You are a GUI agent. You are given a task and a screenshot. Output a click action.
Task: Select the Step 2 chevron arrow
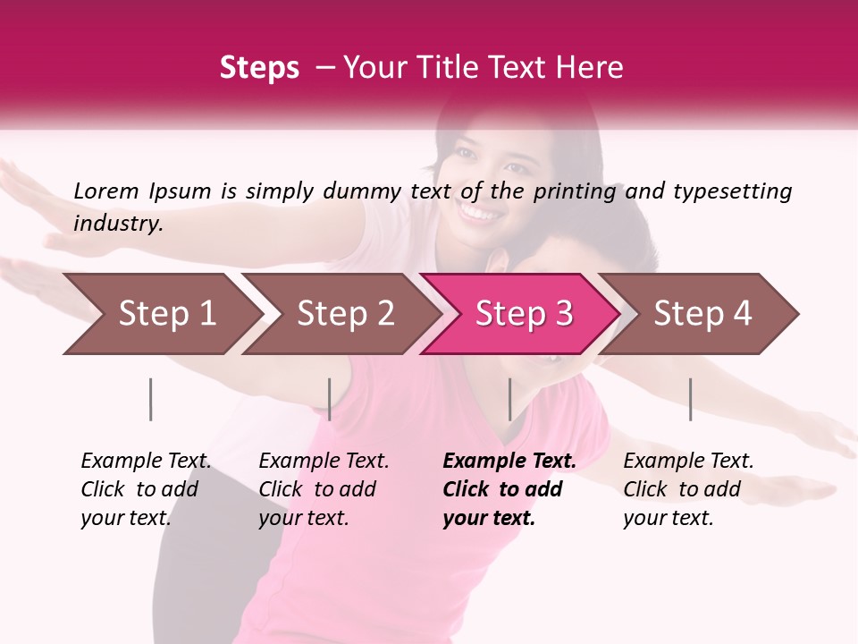tap(344, 314)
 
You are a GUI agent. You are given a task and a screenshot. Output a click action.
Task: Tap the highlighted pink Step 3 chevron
tap(523, 314)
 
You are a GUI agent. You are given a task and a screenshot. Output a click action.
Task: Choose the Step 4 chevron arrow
tap(702, 314)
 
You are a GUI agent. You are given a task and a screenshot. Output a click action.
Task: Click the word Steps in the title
tap(259, 68)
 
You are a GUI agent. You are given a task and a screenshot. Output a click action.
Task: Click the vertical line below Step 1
tap(151, 399)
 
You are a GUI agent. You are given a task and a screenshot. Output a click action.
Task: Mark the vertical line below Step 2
tap(330, 399)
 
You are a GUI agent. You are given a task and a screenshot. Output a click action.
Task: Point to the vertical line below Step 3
tap(509, 399)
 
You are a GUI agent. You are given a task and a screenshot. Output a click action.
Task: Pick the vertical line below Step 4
tap(690, 399)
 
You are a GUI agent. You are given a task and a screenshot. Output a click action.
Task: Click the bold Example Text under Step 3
tap(509, 462)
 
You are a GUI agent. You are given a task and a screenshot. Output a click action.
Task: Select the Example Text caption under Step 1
tap(147, 462)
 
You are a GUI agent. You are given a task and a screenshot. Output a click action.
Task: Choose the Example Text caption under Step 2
tap(324, 462)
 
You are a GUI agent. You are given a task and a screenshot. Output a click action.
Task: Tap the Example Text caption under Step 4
tap(689, 462)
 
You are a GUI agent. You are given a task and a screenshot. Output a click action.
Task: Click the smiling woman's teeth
tap(480, 216)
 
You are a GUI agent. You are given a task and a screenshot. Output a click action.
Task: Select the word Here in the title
tap(593, 68)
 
